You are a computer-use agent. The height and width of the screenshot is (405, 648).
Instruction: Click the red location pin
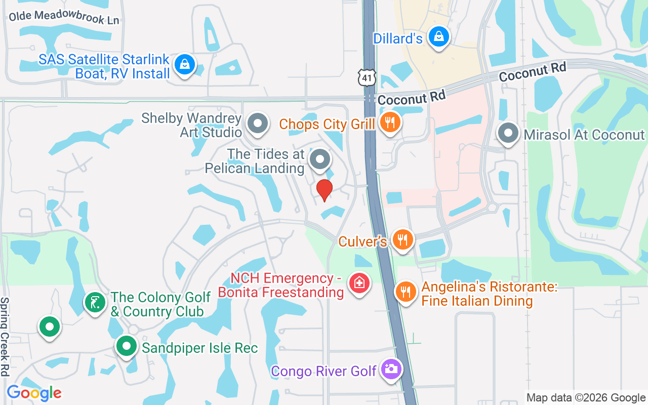324,190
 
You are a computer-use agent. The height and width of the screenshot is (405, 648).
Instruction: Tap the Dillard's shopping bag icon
438,36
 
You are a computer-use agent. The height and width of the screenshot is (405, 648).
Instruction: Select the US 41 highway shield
367,76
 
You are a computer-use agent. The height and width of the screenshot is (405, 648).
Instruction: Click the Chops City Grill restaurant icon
389,123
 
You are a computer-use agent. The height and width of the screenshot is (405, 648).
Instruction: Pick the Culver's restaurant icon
402,239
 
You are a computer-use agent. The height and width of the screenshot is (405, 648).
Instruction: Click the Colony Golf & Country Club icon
95,303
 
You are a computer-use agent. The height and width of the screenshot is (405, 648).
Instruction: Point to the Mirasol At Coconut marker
508,134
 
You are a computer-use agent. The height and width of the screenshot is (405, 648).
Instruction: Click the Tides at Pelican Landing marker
319,159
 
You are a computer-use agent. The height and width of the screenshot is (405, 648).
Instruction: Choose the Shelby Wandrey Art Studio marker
258,123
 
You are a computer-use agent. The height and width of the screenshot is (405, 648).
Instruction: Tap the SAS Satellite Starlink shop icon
185,64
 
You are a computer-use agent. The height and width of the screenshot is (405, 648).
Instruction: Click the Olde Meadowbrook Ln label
64,17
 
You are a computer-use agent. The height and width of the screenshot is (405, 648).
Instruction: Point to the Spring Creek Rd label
5,336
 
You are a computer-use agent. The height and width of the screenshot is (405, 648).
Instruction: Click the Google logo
34,393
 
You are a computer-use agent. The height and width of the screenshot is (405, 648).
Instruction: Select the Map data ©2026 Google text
586,398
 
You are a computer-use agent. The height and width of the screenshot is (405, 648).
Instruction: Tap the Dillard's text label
397,38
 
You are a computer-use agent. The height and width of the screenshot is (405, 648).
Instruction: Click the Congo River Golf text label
324,371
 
